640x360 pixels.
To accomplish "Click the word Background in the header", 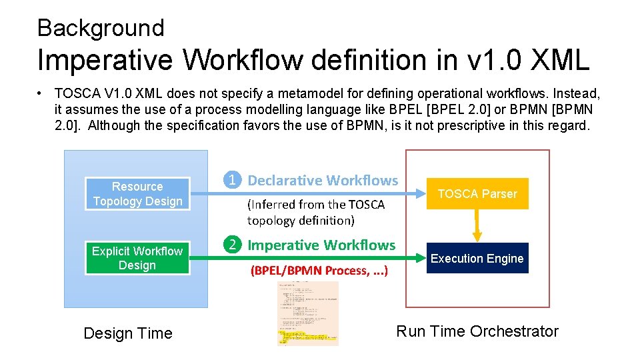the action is click(101, 28).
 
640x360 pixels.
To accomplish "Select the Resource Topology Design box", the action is click(137, 194).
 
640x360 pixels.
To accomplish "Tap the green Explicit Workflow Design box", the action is click(137, 258).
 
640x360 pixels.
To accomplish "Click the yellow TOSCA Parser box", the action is click(477, 194).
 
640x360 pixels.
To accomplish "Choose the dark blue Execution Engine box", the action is click(477, 259).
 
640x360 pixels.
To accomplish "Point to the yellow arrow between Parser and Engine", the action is click(477, 226).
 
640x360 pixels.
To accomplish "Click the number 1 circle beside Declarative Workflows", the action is click(232, 180).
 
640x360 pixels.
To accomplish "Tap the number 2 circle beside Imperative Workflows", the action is click(232, 245).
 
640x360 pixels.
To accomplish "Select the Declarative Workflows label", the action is click(323, 181).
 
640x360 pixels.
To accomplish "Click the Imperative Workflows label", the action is click(321, 245).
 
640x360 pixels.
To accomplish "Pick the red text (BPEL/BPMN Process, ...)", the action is click(319, 271).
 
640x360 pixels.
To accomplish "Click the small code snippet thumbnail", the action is click(307, 313).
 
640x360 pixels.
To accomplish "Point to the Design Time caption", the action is click(128, 333).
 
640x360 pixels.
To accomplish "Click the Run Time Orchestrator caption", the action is click(477, 331).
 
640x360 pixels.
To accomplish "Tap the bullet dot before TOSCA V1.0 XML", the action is click(41, 93).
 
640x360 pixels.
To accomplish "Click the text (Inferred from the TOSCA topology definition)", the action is click(315, 213).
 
